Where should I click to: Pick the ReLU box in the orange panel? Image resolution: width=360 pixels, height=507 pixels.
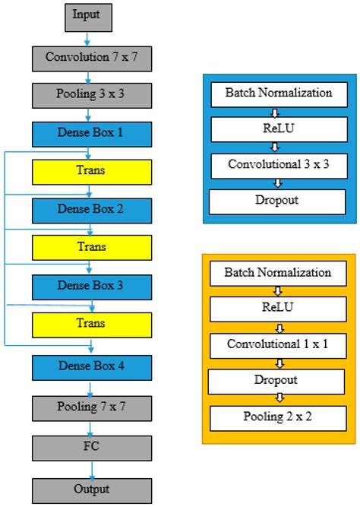pyautogui.click(x=279, y=309)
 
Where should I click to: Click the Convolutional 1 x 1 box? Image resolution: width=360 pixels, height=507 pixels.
pyautogui.click(x=279, y=344)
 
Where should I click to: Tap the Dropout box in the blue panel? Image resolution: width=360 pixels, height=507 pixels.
pyautogui.click(x=279, y=201)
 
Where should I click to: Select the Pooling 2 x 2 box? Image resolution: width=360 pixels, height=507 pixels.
pyautogui.click(x=279, y=416)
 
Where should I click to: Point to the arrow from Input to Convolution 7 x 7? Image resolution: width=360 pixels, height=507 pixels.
pyautogui.click(x=88, y=36)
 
